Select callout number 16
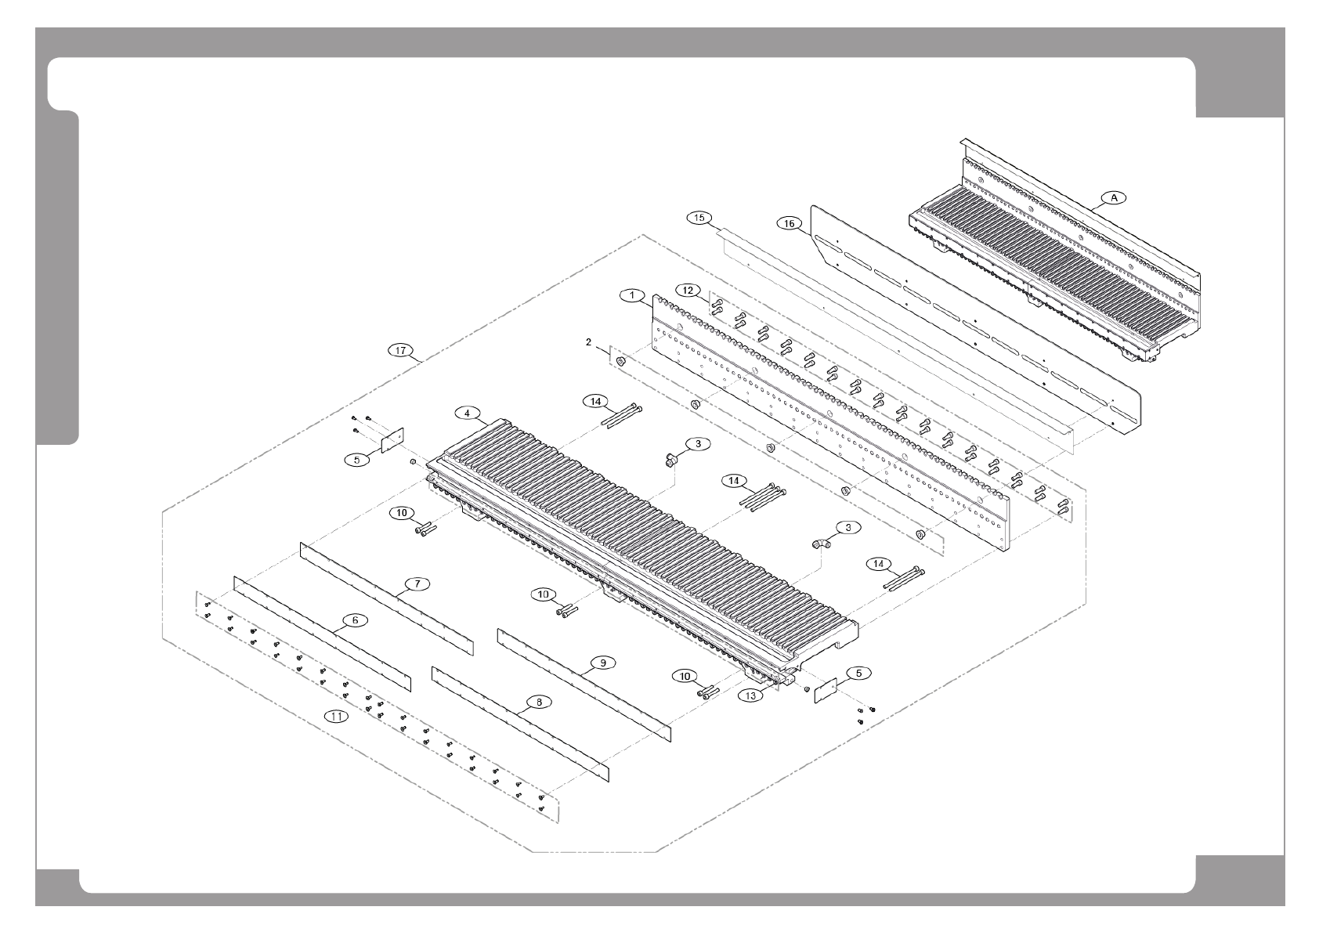[x=790, y=224]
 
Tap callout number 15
[x=699, y=217]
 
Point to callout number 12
[x=688, y=291]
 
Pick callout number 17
[x=401, y=350]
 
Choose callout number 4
[x=467, y=412]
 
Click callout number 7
[x=417, y=583]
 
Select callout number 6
[x=355, y=620]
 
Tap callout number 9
[x=602, y=663]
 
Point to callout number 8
[x=539, y=703]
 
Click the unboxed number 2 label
[x=587, y=342]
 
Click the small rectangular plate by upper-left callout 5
[x=391, y=441]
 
